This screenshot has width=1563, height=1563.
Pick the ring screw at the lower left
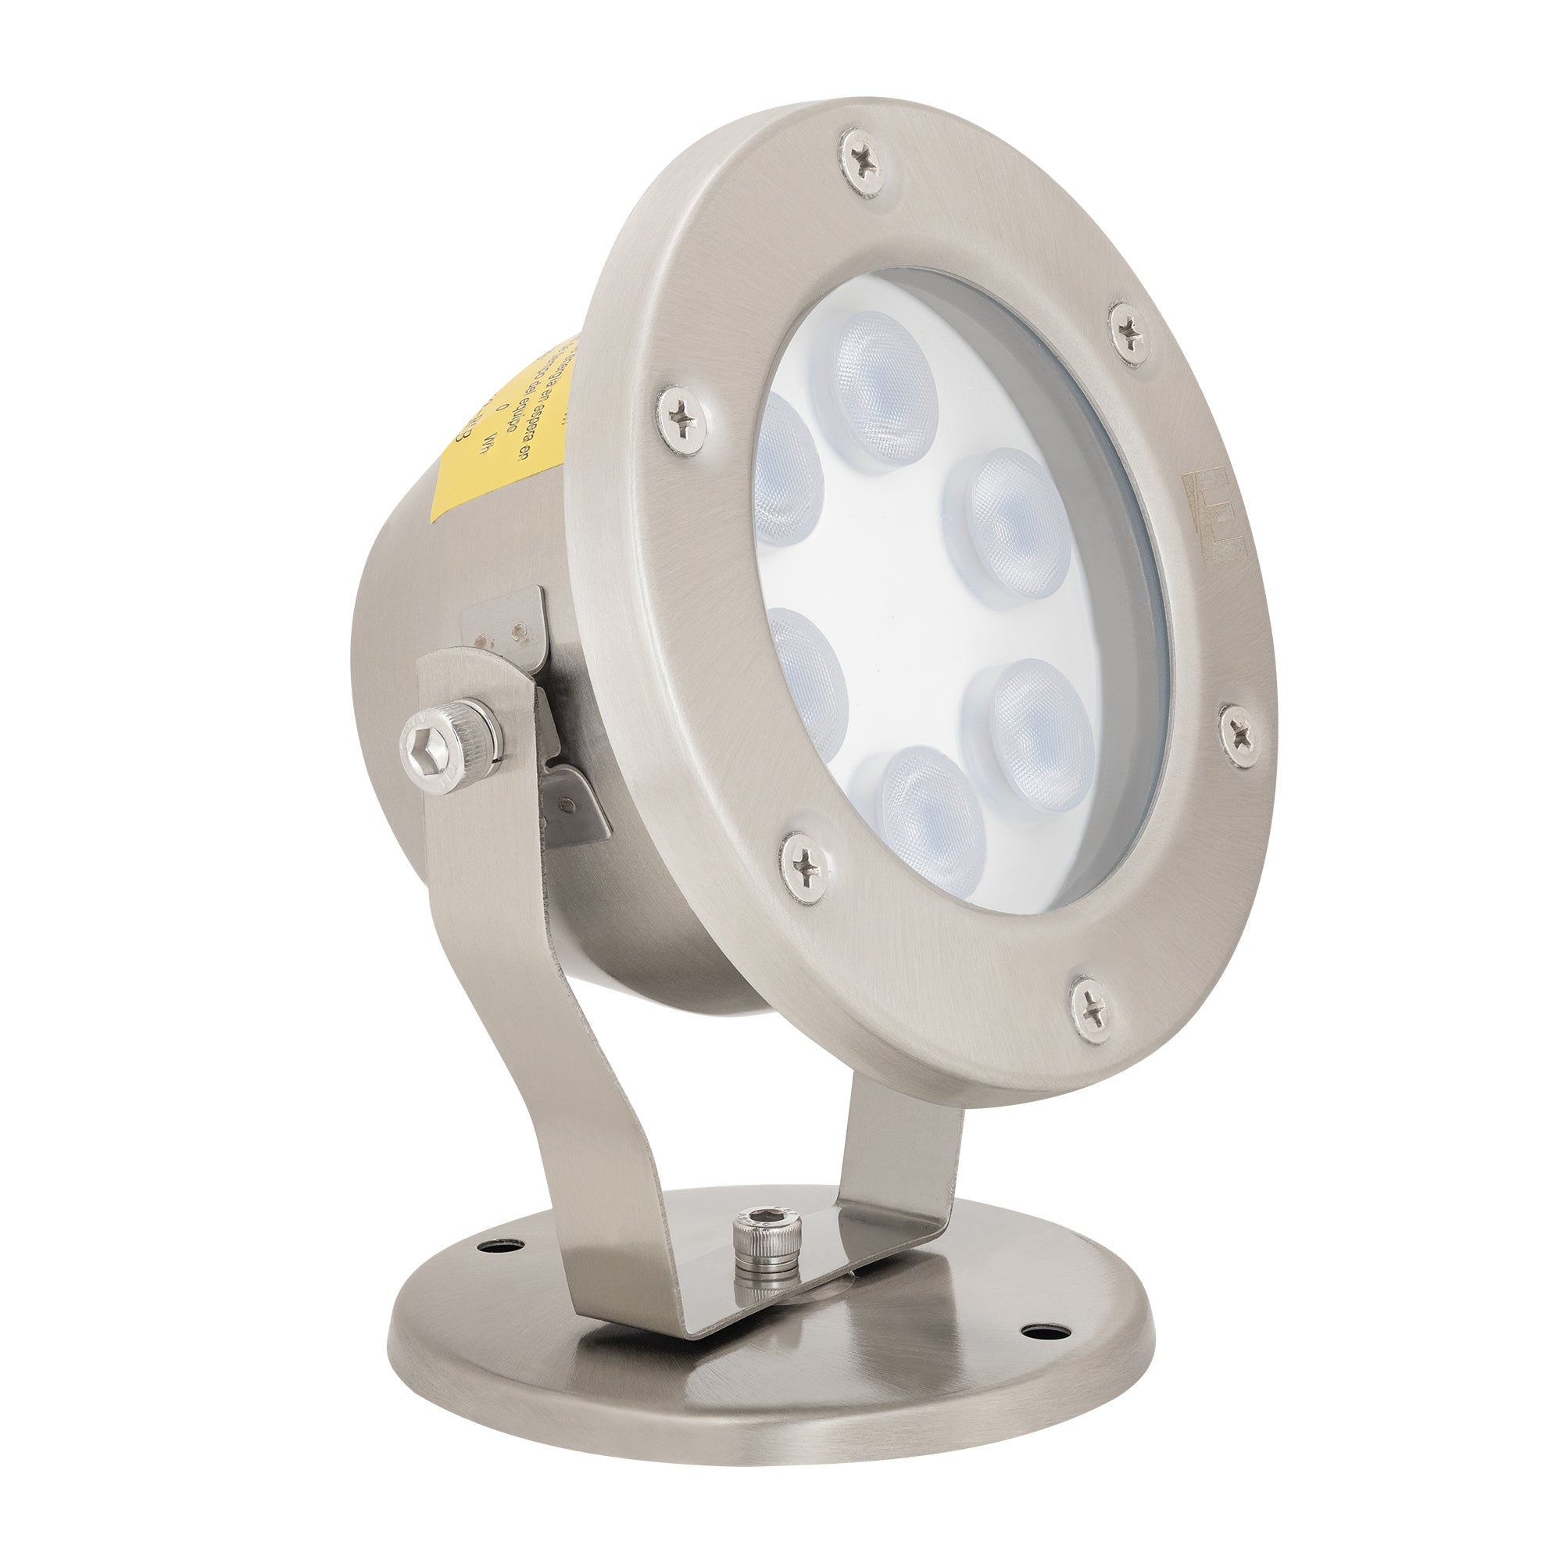[x=806, y=867]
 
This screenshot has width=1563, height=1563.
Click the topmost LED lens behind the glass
[x=883, y=387]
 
